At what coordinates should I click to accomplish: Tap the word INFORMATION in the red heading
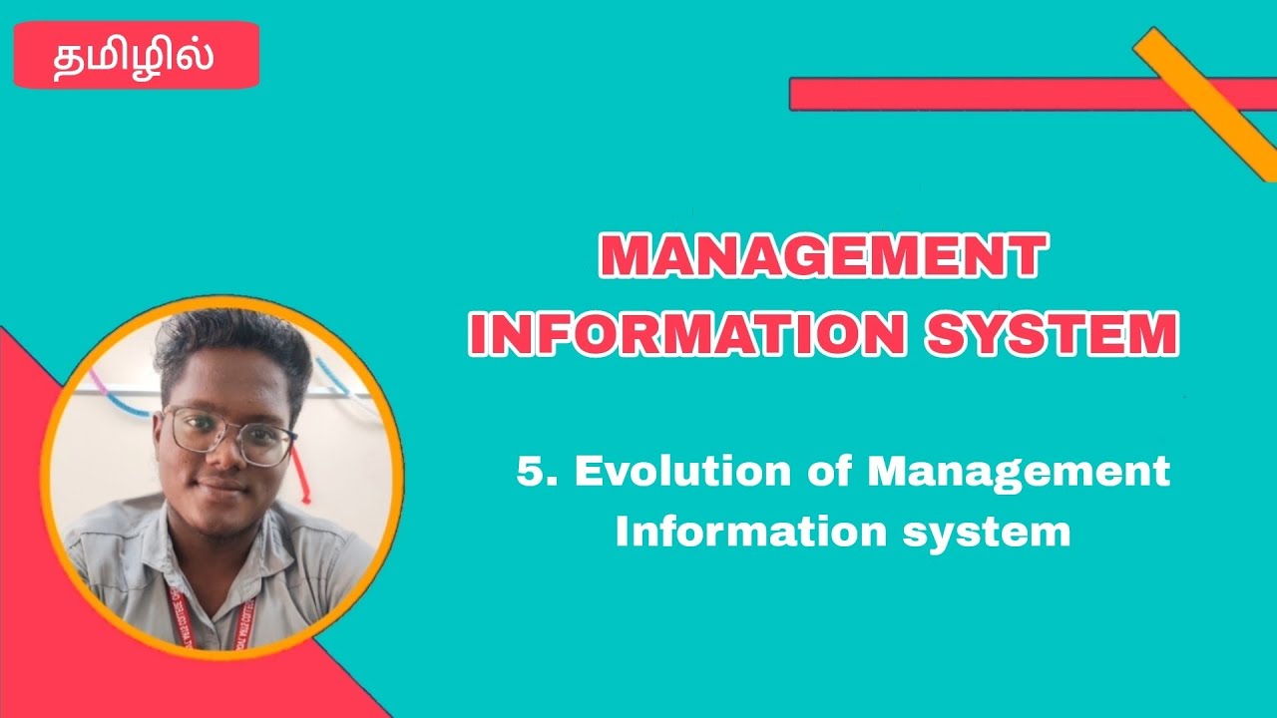pyautogui.click(x=687, y=336)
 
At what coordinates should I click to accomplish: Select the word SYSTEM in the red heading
pyautogui.click(x=1052, y=336)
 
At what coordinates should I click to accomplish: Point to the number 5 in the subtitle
pyautogui.click(x=531, y=471)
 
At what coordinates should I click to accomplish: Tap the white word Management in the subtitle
pyautogui.click(x=1018, y=471)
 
